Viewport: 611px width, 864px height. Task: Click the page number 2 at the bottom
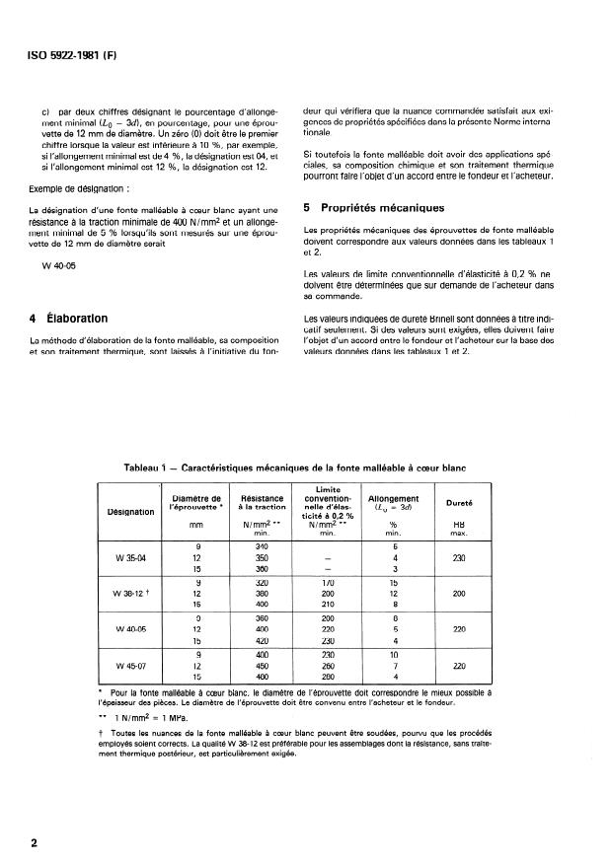[35, 843]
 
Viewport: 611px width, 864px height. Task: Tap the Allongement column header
[393, 499]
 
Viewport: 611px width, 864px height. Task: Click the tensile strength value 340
[262, 546]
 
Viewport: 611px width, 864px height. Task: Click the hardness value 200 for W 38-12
[459, 594]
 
